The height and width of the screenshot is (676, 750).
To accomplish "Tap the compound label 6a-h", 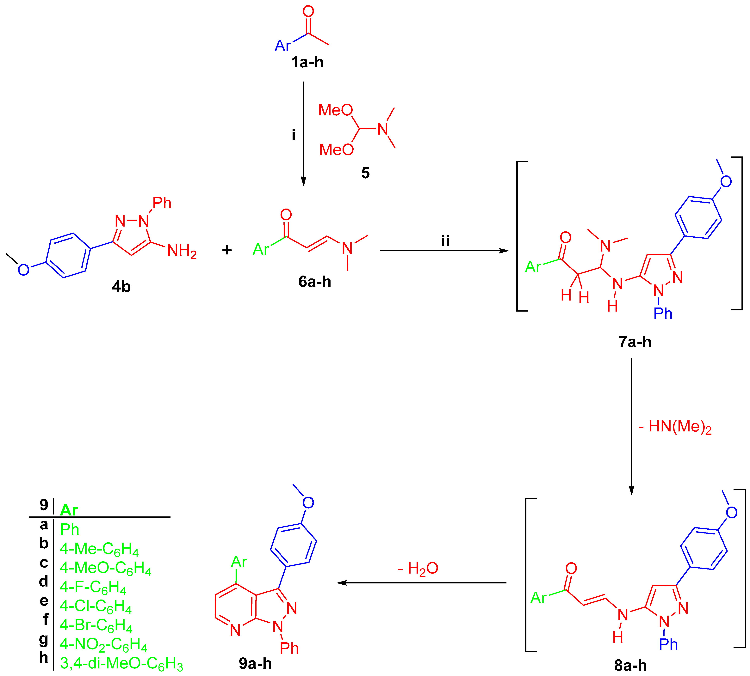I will tap(314, 282).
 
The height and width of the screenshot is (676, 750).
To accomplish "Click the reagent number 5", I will tap(365, 173).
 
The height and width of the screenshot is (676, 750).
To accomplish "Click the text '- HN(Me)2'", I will tap(675, 427).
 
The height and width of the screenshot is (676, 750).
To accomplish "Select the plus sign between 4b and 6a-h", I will tap(227, 250).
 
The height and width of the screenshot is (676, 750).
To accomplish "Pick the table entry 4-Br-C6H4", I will tap(96, 625).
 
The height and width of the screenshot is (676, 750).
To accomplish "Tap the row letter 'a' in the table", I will tap(44, 525).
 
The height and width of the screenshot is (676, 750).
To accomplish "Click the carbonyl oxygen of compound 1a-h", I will tap(308, 11).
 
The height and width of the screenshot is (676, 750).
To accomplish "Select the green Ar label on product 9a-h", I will tap(239, 562).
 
